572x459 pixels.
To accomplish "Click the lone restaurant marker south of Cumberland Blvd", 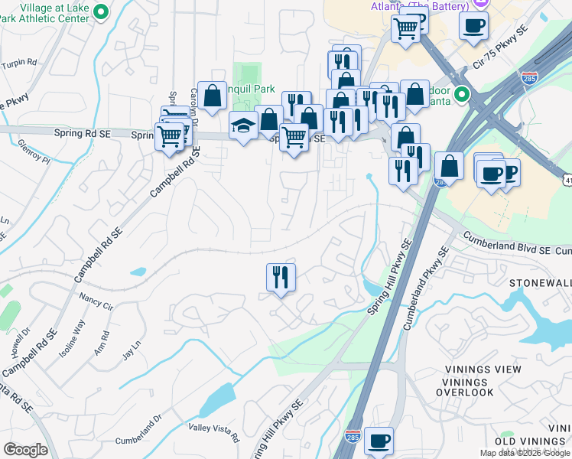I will [281, 277].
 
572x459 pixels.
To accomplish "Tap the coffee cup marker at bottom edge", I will [379, 441].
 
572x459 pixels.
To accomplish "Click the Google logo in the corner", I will [25, 450].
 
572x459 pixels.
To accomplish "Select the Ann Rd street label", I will [100, 340].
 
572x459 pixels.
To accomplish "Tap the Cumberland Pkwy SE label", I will [424, 287].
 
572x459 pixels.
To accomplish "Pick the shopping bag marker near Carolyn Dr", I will [213, 96].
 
